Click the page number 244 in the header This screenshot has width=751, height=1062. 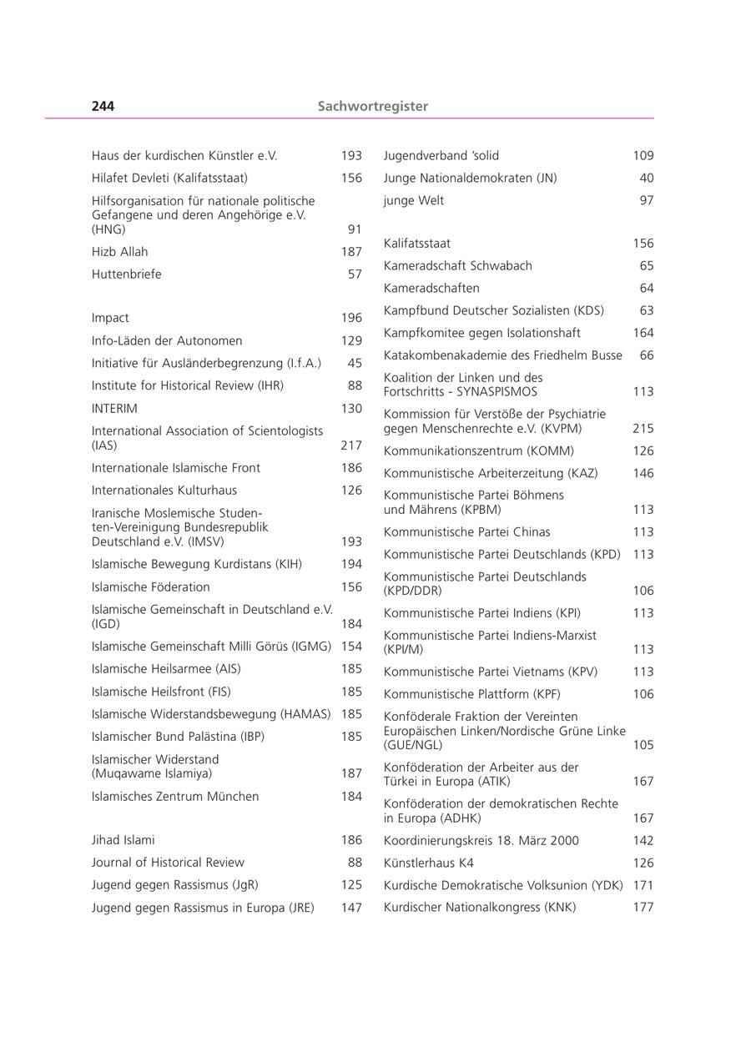click(103, 106)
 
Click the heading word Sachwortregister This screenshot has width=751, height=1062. click(372, 106)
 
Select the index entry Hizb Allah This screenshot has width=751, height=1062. click(119, 252)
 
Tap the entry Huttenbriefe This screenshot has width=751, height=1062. click(126, 274)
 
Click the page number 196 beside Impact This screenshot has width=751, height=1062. click(351, 318)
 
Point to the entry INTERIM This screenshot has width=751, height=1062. click(114, 409)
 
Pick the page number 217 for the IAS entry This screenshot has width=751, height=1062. click(351, 445)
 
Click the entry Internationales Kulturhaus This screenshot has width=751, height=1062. click(164, 491)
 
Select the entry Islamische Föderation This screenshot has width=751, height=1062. click(150, 587)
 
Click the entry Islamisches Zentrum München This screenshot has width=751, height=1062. click(174, 797)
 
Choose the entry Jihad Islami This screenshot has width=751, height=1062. click(123, 840)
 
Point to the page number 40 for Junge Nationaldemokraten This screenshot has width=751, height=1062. click(647, 178)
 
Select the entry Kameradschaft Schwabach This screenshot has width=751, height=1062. click(457, 266)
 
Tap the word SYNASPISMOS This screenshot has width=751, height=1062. click(497, 391)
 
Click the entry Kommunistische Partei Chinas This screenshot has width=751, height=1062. click(466, 532)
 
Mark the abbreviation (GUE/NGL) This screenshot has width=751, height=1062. click(413, 745)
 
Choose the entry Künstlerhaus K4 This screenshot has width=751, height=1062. click(428, 863)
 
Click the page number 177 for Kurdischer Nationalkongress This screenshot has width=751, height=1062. click(643, 908)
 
